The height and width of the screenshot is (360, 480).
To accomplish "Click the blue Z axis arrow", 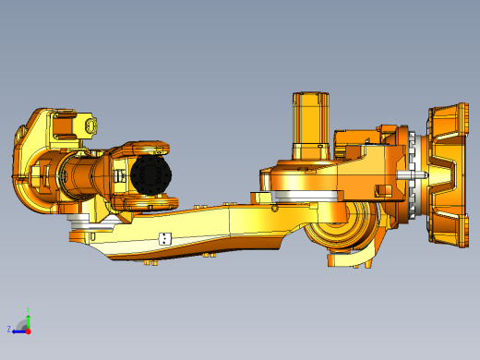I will tap(19, 329).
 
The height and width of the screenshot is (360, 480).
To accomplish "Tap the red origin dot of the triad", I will tap(28, 329).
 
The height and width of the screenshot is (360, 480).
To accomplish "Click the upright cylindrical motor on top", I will tap(311, 126).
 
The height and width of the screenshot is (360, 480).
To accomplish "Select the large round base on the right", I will tap(449, 175).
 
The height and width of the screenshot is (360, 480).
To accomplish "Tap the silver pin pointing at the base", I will tap(413, 173).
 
